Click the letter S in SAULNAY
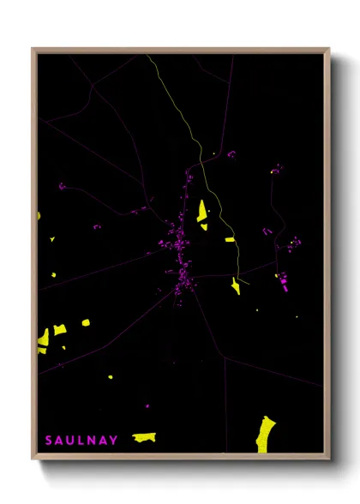pos(49,441)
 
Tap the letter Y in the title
pos(114,441)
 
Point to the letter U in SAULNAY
pos(70,441)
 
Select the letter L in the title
pos(81,441)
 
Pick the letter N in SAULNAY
pos(92,441)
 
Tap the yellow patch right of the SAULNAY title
pos(144,437)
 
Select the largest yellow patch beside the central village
pos(202,211)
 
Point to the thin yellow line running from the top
pos(183,120)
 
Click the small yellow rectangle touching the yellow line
pos(230,239)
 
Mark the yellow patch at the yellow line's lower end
pos(236,285)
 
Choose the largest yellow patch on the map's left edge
pos(43,341)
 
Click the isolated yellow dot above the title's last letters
pos(110,376)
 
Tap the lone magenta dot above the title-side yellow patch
pos(147,405)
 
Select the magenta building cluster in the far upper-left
pos(62,185)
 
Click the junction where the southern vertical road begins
pos(225,357)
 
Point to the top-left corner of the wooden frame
pos(33,50)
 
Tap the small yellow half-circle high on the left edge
pos(39,215)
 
